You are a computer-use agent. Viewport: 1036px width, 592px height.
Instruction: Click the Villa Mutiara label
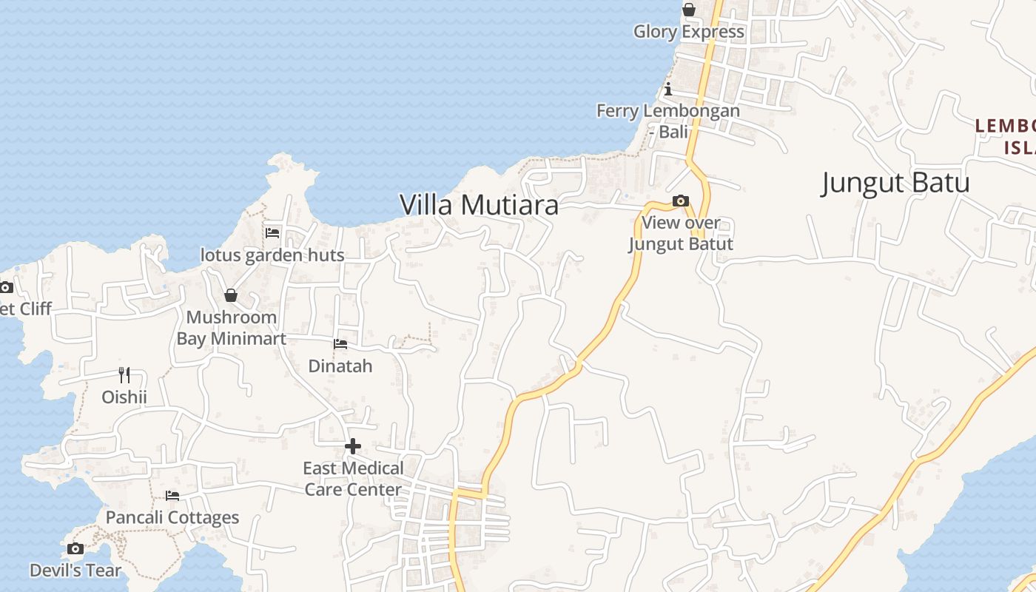479,205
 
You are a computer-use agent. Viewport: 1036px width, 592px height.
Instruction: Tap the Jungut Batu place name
895,183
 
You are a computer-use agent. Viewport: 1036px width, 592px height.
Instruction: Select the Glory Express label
688,32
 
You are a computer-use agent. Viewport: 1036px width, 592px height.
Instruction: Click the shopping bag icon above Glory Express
689,10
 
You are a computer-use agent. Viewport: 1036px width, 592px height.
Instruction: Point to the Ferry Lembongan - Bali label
668,121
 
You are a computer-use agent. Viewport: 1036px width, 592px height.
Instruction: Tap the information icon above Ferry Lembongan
668,90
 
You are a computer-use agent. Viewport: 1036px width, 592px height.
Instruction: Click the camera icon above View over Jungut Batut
681,201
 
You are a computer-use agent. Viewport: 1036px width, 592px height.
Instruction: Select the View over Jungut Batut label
681,233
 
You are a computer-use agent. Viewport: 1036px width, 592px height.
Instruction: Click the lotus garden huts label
272,255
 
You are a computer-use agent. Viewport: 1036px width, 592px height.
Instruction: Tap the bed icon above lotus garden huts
272,232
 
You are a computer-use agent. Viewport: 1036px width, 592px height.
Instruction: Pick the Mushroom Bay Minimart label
231,328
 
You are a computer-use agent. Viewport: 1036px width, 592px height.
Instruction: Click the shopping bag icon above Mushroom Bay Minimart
231,295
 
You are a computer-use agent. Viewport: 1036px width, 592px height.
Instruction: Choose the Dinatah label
340,366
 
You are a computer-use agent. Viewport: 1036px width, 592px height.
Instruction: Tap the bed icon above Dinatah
340,343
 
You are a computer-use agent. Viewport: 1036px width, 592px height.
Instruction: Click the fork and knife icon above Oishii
124,375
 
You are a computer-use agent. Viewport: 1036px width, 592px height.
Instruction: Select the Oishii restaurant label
124,397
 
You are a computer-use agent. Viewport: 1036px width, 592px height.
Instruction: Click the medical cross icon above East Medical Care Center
353,446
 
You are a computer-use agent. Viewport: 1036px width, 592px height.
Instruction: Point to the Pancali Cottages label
172,517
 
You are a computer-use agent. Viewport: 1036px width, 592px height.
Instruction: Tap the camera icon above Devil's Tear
75,548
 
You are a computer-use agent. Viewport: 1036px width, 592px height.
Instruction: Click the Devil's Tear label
75,571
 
